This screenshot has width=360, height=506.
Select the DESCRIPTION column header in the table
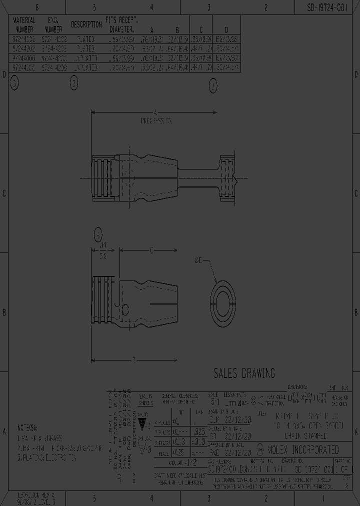[x=86, y=24]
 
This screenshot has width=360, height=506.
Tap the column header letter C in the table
[x=201, y=29]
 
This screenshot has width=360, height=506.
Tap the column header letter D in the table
[x=226, y=29]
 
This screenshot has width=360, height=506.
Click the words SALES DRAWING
[x=244, y=373]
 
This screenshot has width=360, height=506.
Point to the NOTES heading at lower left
[x=25, y=428]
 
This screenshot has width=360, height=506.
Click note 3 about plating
[x=45, y=457]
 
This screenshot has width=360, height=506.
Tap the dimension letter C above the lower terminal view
[x=150, y=248]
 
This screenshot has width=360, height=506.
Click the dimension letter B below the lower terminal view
[x=134, y=359]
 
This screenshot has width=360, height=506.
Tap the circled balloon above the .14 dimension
[x=98, y=234]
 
